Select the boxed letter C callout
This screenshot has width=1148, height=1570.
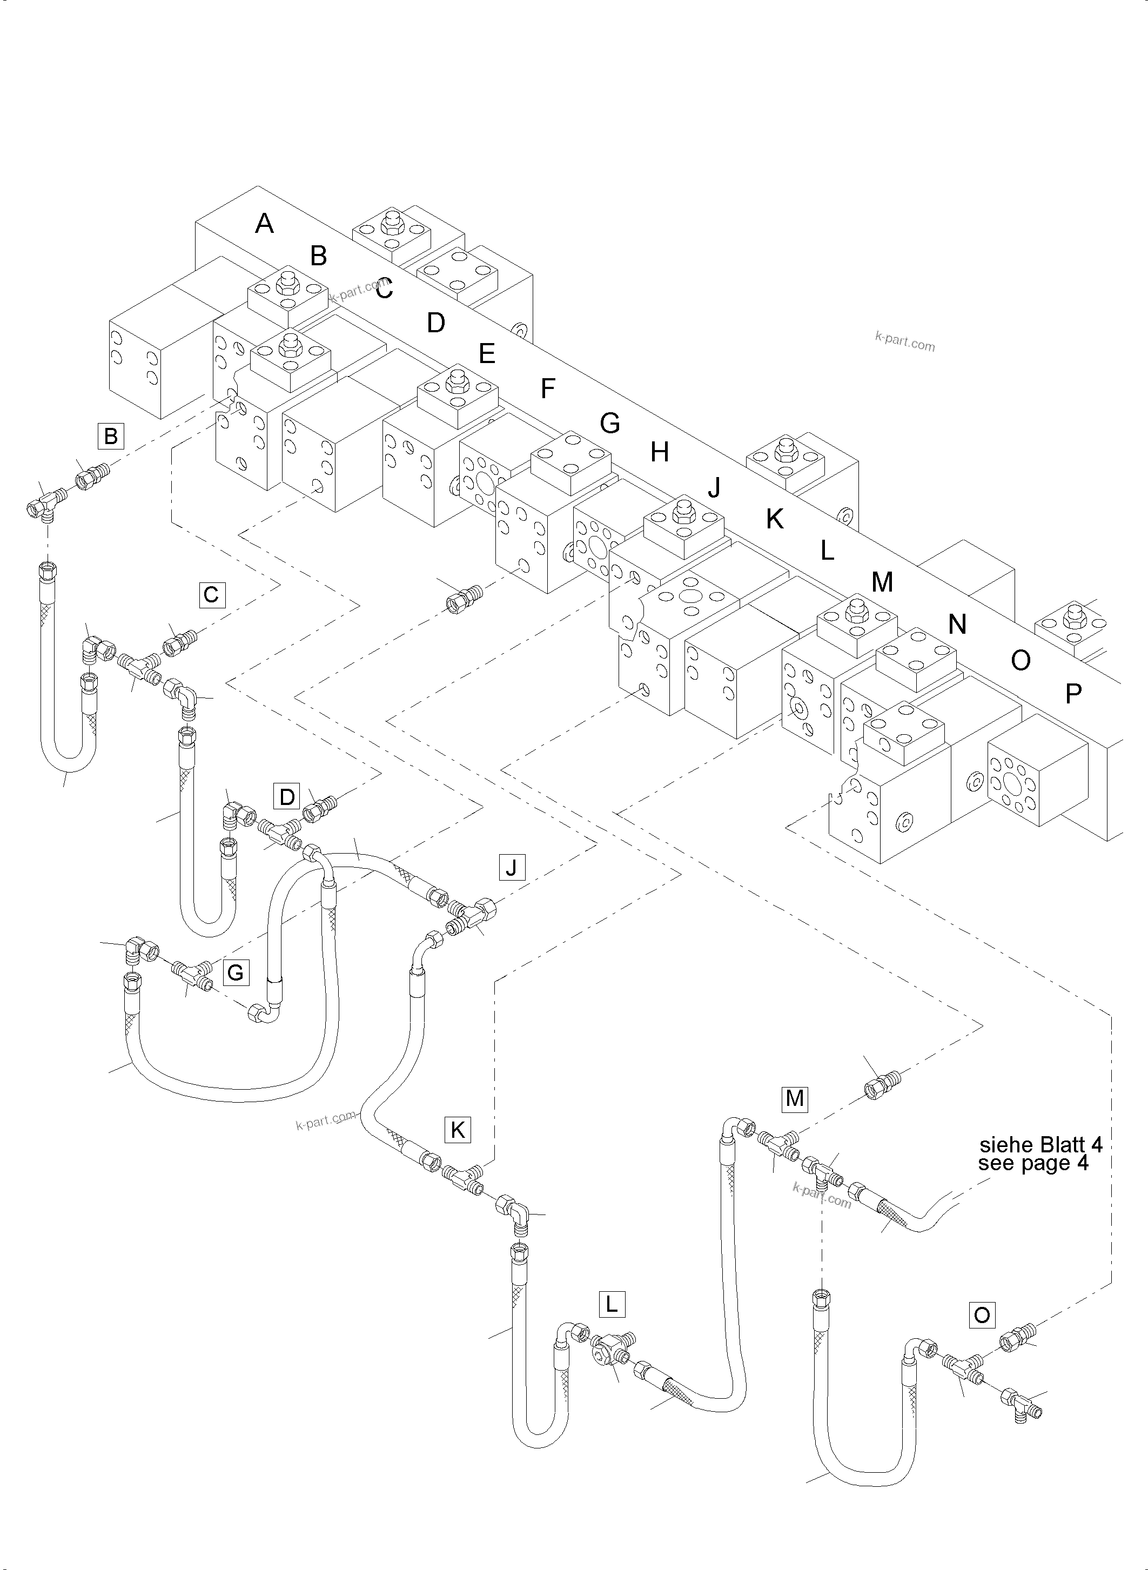pyautogui.click(x=211, y=595)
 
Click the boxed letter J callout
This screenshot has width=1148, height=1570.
pyautogui.click(x=512, y=867)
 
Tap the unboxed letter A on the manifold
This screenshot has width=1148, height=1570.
pyautogui.click(x=264, y=224)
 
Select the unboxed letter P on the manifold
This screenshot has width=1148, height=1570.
pyautogui.click(x=1073, y=694)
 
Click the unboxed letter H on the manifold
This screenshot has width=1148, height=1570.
pyautogui.click(x=660, y=452)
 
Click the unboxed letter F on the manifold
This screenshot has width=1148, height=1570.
pyautogui.click(x=548, y=388)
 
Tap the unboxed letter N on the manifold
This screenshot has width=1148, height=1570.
pyautogui.click(x=957, y=625)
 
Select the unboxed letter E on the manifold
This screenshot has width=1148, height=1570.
pyautogui.click(x=486, y=354)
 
